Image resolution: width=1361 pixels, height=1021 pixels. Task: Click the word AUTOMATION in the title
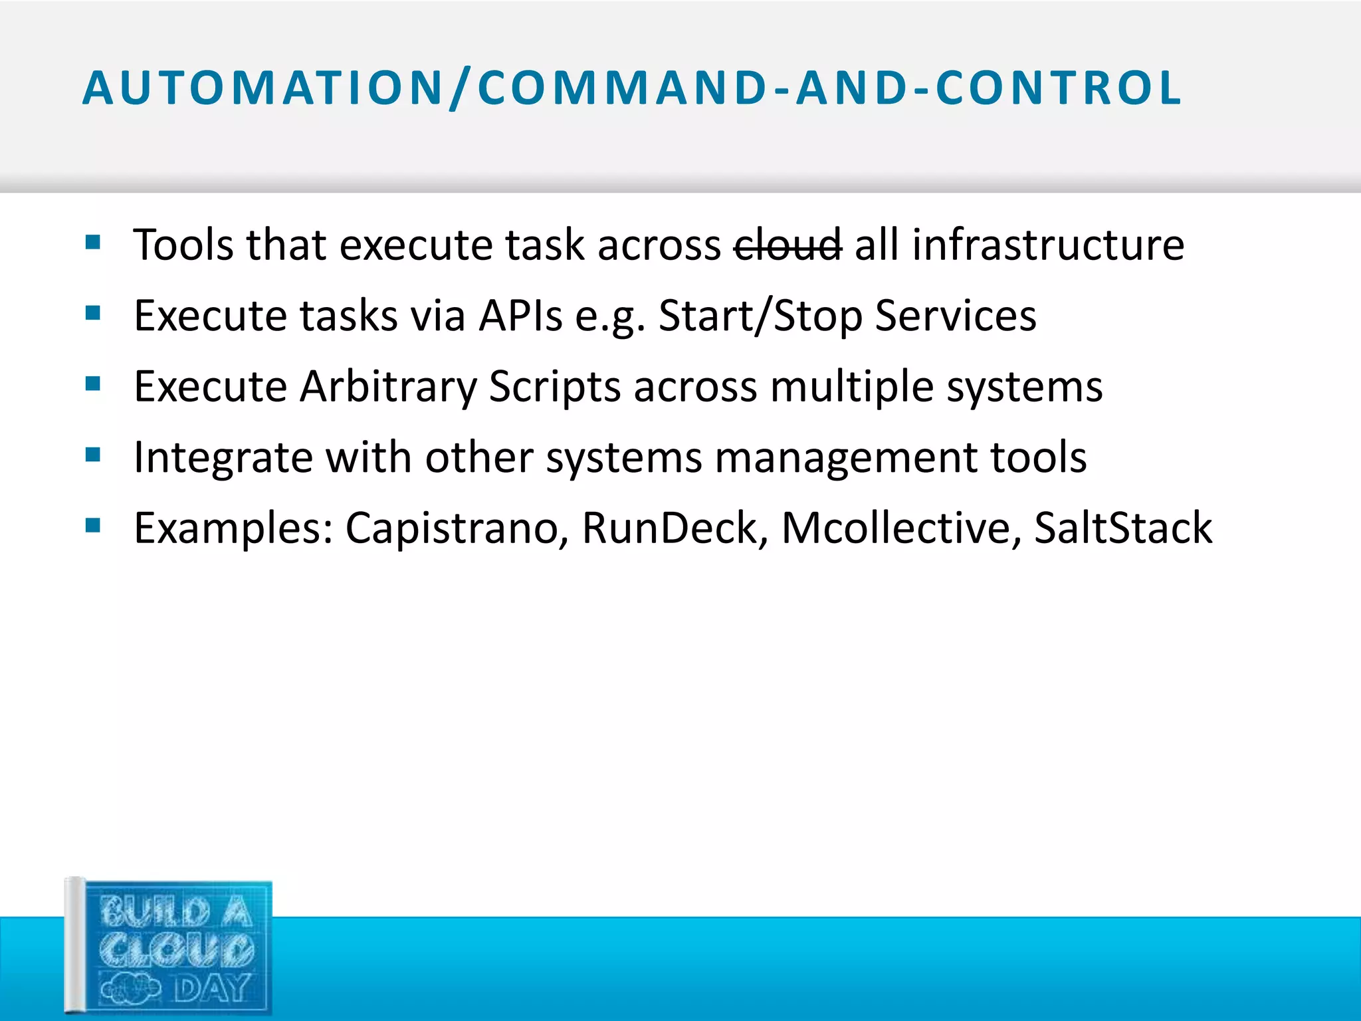tap(262, 88)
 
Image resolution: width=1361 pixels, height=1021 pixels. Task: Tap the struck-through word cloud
tap(787, 245)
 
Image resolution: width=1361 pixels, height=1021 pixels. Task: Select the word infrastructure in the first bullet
tap(1048, 245)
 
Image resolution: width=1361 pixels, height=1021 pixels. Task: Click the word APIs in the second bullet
tap(521, 315)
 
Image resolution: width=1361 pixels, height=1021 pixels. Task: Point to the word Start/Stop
tap(760, 315)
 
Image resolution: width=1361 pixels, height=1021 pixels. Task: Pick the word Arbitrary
tap(388, 386)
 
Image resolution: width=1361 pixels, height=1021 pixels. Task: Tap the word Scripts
tap(555, 386)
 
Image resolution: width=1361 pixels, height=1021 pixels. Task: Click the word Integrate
tap(223, 457)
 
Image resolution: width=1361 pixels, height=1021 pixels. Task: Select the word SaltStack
tap(1123, 528)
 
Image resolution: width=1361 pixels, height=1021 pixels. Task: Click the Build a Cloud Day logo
tap(169, 947)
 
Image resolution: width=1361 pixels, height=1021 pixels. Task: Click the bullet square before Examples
tap(93, 526)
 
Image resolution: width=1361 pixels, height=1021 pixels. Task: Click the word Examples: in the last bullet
tap(233, 528)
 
